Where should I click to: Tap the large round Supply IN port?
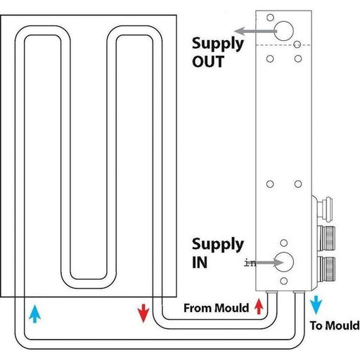[285, 262]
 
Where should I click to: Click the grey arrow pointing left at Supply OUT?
[253, 31]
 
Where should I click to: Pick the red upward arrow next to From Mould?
[259, 306]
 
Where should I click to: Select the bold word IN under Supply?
[201, 263]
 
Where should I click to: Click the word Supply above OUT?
[218, 43]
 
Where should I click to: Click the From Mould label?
[216, 307]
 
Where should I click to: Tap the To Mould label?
[335, 326]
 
